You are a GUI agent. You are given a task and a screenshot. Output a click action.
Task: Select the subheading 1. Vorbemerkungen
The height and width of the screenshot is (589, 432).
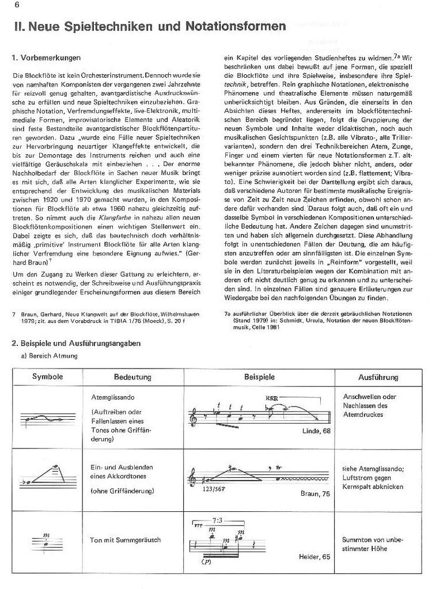(46, 58)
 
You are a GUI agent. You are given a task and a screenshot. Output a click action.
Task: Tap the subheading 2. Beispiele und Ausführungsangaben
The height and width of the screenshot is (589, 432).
(75, 344)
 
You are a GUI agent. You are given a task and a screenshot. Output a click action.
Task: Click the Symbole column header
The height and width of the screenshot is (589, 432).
(48, 378)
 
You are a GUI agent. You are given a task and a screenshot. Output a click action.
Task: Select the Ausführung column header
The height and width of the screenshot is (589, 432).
(378, 378)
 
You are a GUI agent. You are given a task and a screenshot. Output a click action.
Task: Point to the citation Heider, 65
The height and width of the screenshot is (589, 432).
(314, 557)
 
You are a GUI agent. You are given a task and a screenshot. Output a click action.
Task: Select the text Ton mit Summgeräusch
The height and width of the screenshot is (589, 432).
(125, 539)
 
